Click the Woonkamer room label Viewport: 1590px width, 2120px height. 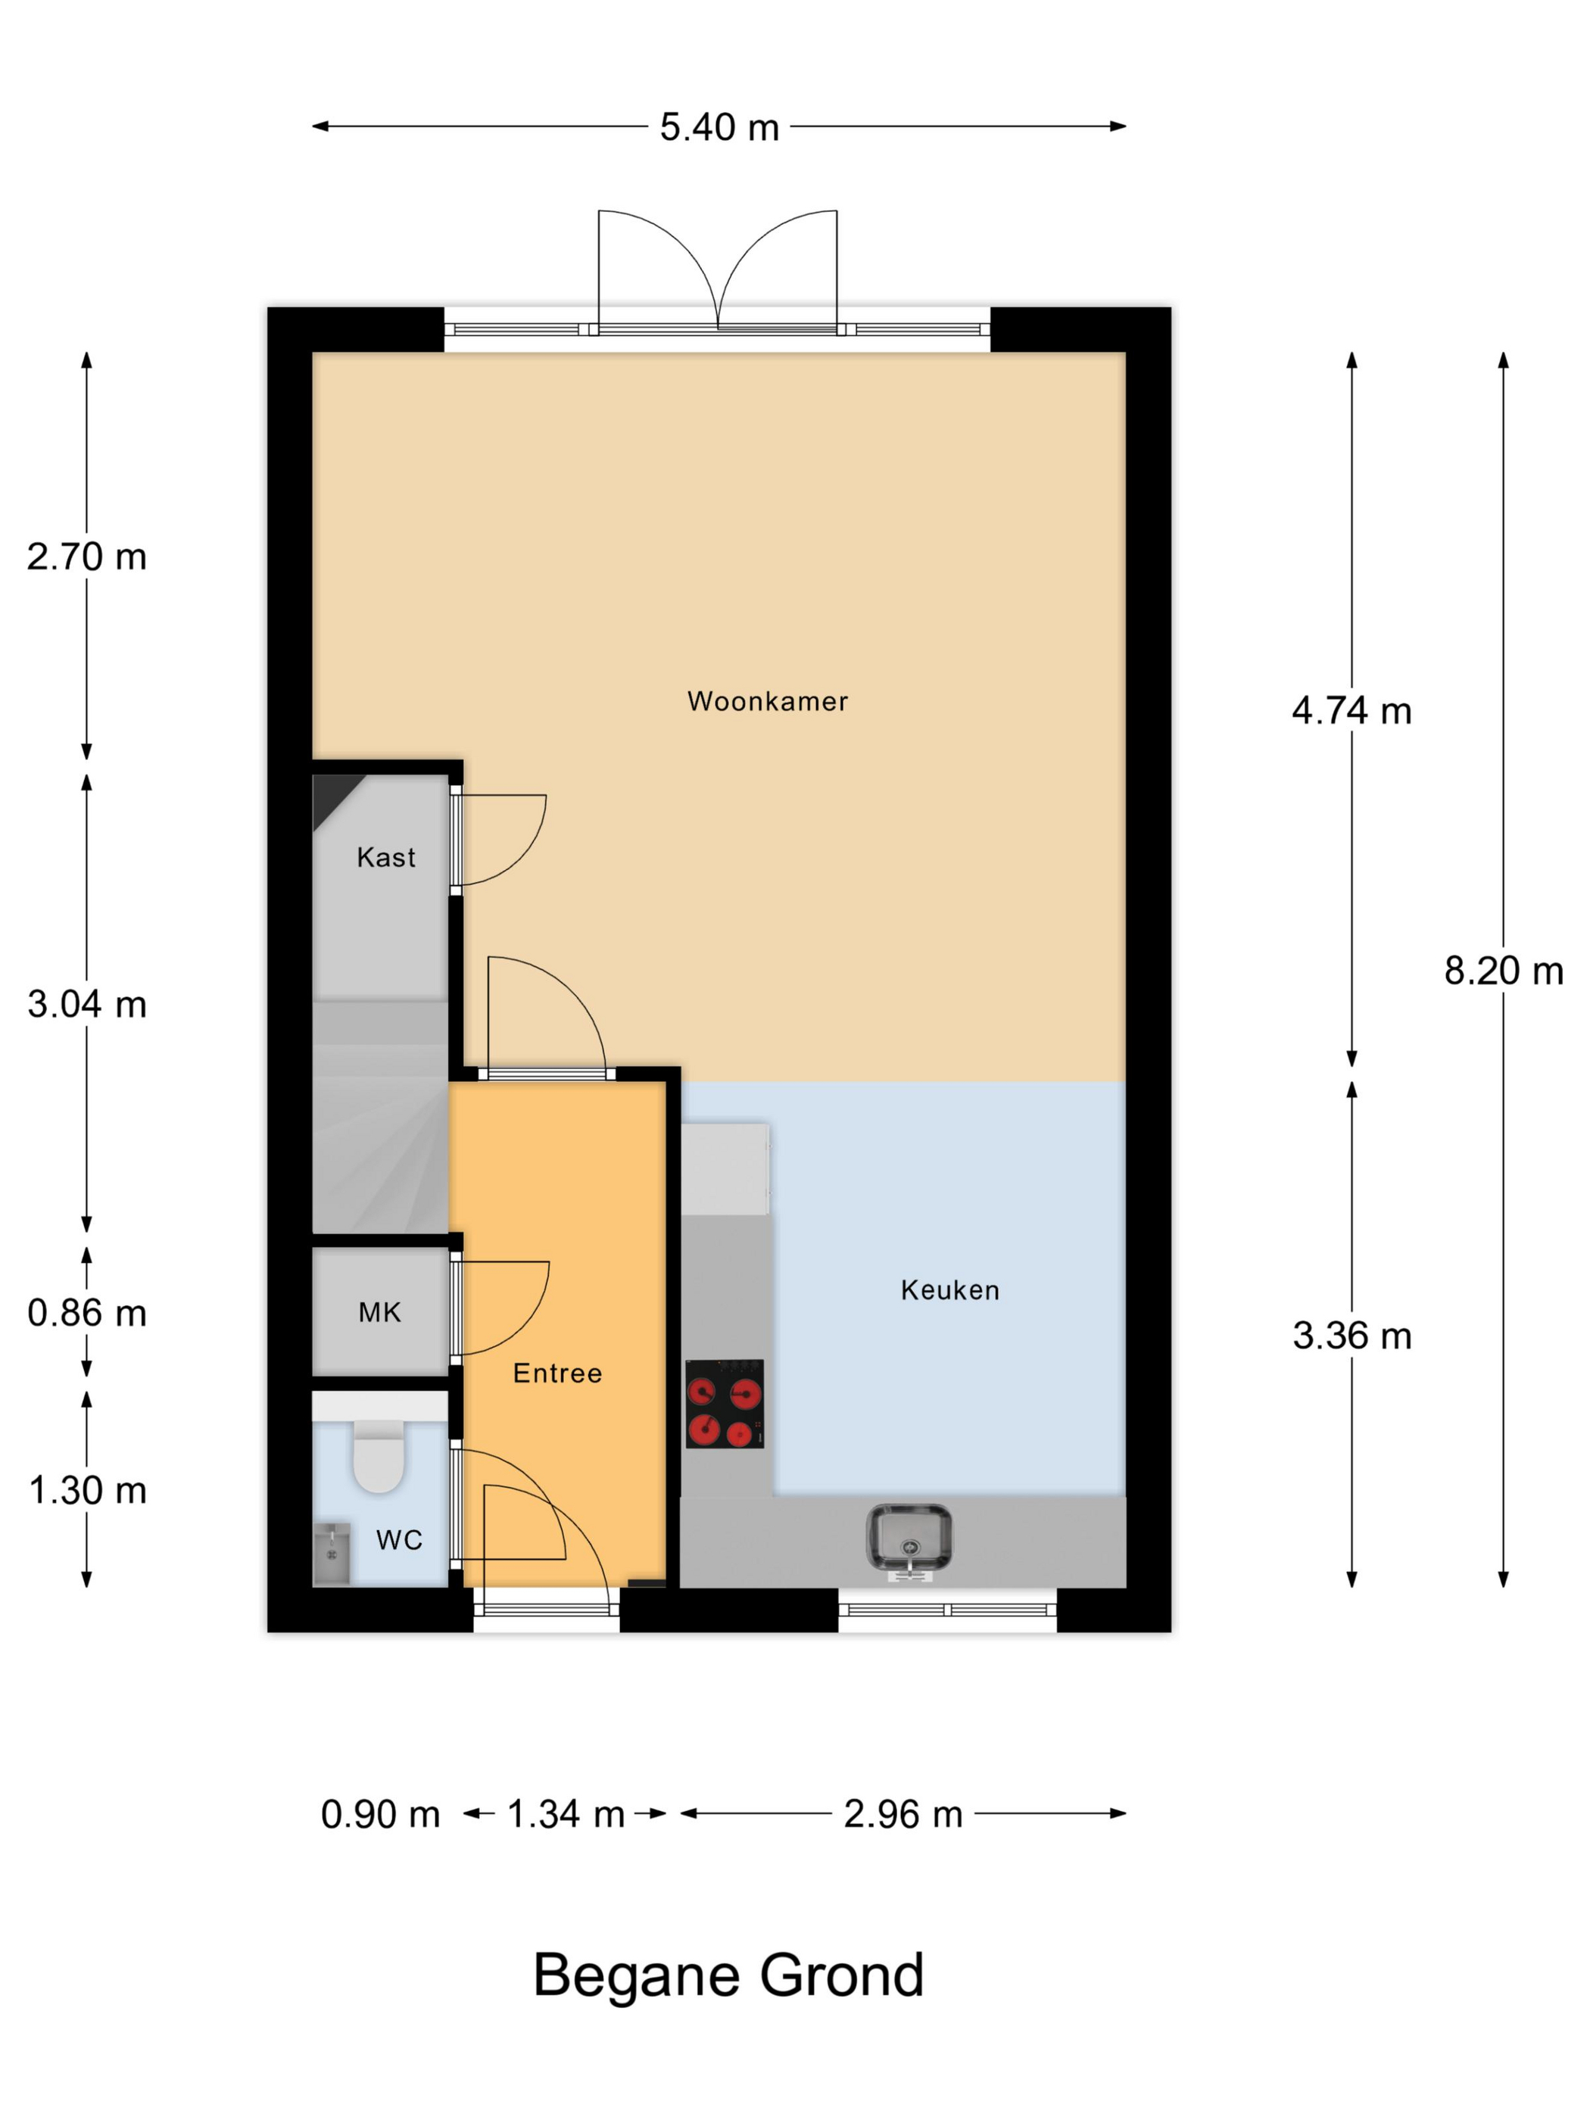(x=767, y=700)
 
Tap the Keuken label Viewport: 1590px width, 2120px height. (x=949, y=1289)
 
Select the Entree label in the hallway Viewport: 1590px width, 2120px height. (x=556, y=1373)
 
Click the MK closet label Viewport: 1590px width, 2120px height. (x=379, y=1311)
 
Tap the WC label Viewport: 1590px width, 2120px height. (x=399, y=1539)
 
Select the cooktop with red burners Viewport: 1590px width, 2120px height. (x=724, y=1403)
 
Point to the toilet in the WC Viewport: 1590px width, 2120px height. (x=379, y=1456)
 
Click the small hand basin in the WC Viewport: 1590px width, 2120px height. (x=332, y=1553)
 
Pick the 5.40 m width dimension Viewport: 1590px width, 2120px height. (x=719, y=126)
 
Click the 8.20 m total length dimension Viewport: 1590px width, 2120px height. (x=1503, y=971)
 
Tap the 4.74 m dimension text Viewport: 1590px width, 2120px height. (x=1351, y=710)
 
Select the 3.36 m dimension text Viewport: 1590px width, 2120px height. (x=1351, y=1335)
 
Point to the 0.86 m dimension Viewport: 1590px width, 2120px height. (x=87, y=1312)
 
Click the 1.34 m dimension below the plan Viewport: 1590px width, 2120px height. (x=566, y=1813)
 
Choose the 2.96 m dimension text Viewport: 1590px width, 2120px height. (x=903, y=1813)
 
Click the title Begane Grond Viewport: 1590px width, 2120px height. (x=728, y=1975)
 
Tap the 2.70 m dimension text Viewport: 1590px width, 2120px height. (x=87, y=556)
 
